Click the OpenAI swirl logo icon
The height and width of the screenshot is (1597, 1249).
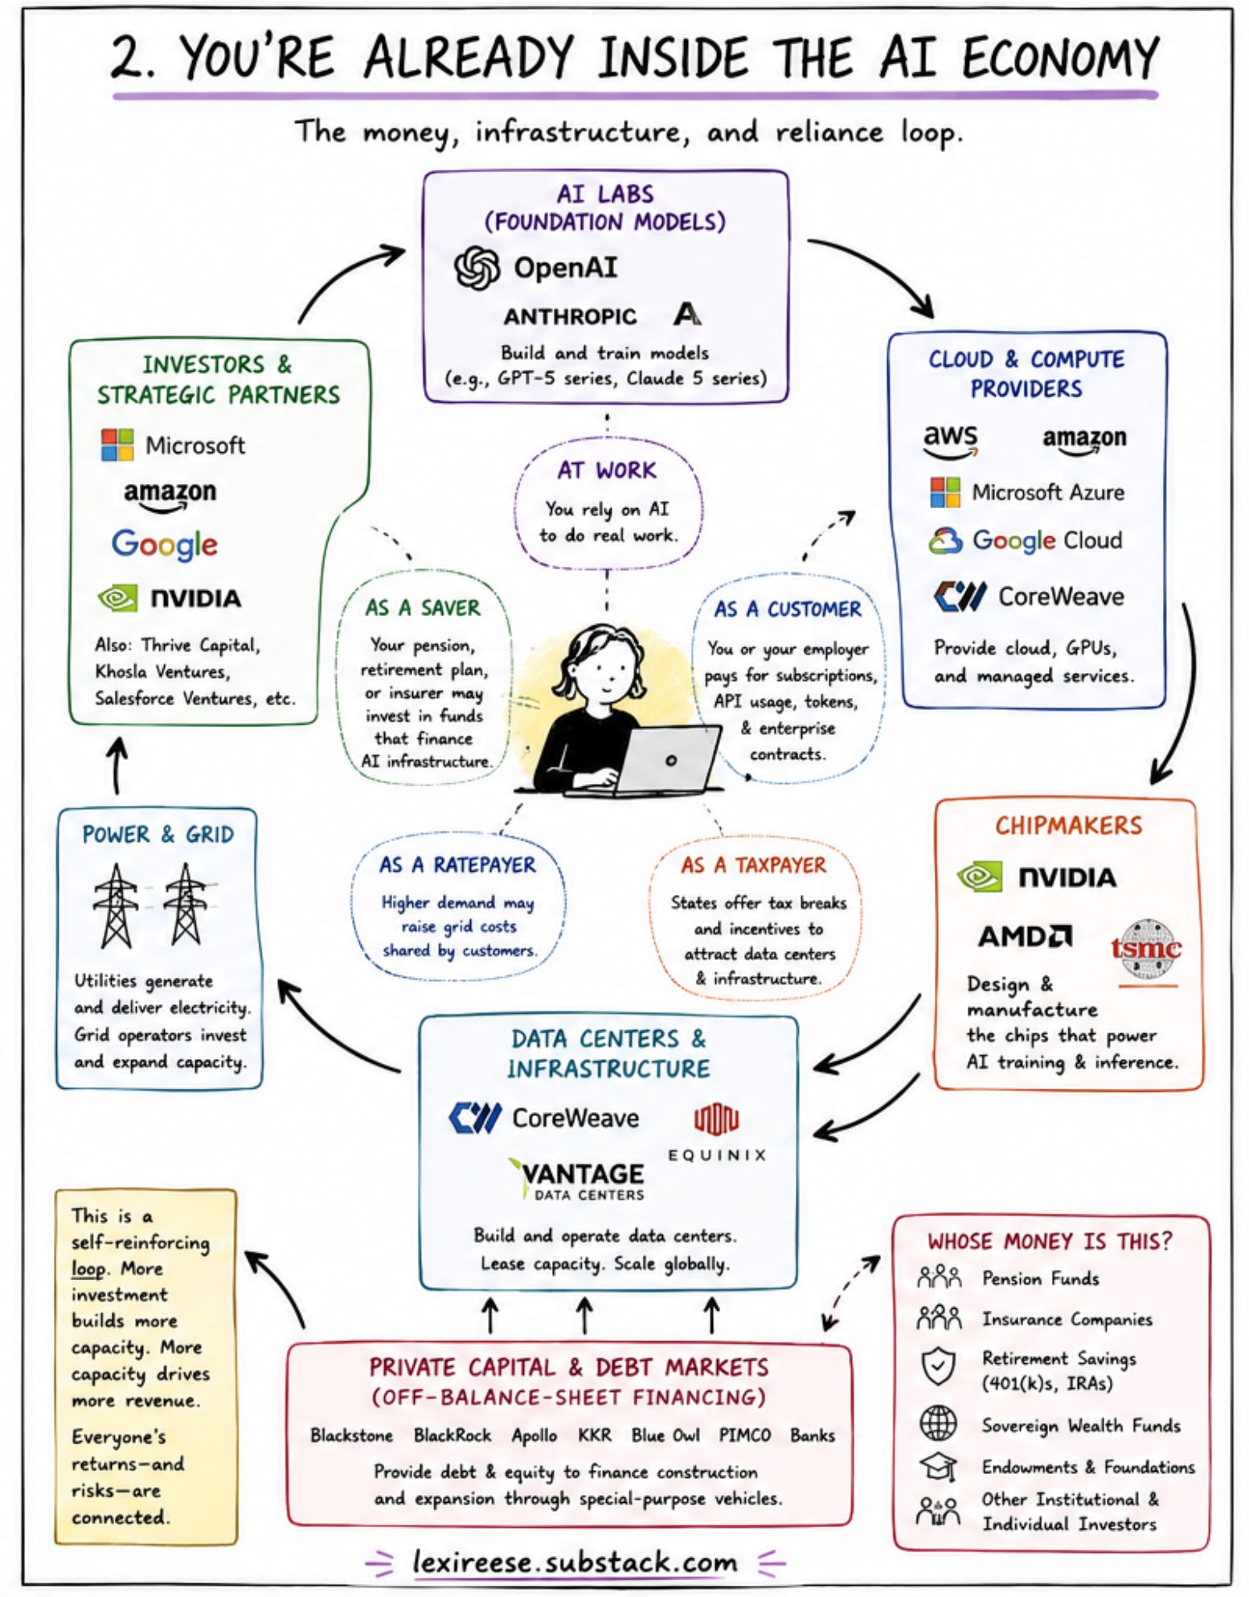tap(477, 267)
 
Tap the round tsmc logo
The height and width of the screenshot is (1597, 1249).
tap(1147, 950)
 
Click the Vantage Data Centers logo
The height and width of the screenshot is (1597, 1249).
tap(577, 1180)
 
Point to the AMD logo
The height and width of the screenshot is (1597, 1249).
tap(1025, 936)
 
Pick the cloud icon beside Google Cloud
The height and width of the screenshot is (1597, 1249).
tap(945, 540)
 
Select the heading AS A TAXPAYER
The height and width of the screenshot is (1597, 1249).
tap(753, 865)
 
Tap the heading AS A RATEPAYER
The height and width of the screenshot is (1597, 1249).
tap(457, 865)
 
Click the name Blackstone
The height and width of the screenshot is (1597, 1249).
tap(351, 1435)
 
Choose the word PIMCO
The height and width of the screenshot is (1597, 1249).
tap(744, 1435)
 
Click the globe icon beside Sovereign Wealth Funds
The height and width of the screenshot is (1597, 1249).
tap(938, 1423)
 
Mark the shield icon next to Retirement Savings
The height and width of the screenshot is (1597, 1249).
tap(938, 1366)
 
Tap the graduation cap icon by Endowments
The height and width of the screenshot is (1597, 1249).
tap(938, 1467)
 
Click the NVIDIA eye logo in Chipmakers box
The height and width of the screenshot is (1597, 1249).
tap(979, 877)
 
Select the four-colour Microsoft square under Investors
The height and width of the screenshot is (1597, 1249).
tap(117, 445)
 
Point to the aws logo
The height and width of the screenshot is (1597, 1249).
tap(950, 441)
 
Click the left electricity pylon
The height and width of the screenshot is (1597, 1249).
tap(117, 905)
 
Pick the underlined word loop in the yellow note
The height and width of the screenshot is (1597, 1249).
tap(88, 1269)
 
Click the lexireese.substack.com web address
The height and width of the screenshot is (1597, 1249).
tap(575, 1562)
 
